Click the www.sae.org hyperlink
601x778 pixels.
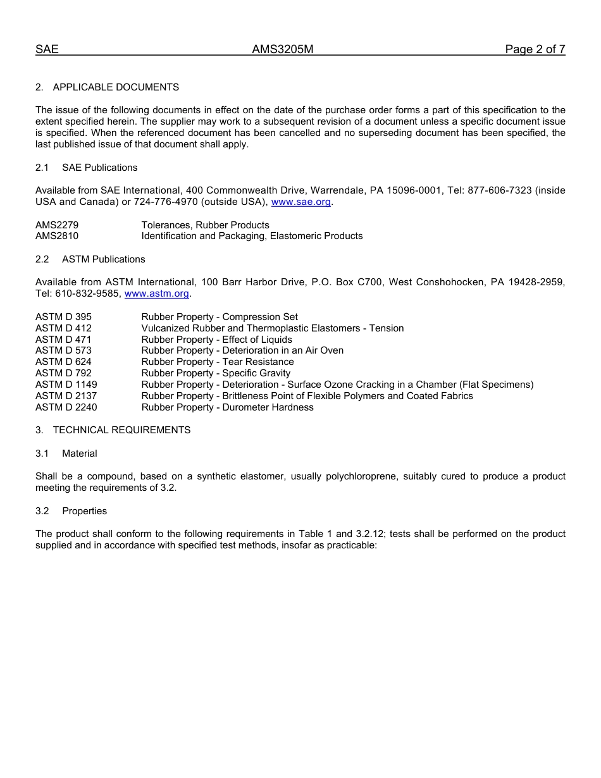300,202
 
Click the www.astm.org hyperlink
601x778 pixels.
157,294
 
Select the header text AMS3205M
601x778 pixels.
283,49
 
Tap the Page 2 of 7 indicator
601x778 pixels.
535,49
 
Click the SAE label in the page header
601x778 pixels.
47,49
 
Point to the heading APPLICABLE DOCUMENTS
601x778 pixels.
116,87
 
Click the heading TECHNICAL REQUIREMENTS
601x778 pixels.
121,430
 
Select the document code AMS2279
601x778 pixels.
57,225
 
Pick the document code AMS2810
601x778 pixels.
57,237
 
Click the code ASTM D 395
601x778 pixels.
63,317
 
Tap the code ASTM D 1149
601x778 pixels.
66,385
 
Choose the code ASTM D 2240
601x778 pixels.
66,407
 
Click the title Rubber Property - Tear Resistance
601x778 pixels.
218,362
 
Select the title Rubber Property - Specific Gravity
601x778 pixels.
216,373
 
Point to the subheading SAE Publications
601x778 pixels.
99,168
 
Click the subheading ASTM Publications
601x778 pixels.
103,259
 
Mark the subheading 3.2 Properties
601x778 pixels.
84,511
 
